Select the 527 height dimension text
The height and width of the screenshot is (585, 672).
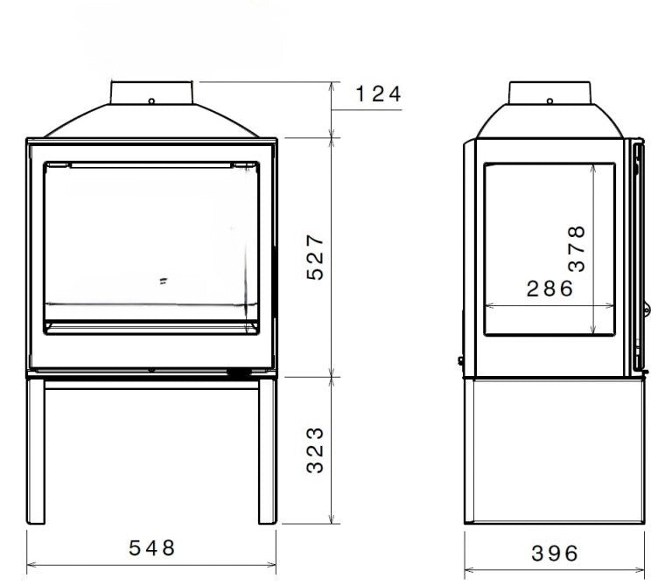(316, 256)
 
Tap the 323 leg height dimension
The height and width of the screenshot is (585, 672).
(316, 449)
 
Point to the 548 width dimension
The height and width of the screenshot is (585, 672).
(152, 548)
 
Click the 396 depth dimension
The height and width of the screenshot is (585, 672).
(555, 554)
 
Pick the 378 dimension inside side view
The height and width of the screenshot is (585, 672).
(577, 247)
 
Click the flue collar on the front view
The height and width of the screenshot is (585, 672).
(151, 93)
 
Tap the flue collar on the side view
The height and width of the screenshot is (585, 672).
(549, 92)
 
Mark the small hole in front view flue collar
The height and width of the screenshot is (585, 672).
(151, 101)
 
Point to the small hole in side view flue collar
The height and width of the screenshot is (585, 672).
(549, 101)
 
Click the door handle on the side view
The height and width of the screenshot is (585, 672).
(638, 254)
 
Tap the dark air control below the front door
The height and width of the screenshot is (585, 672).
(237, 373)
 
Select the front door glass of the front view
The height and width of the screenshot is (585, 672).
(151, 236)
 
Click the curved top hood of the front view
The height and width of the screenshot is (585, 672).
(151, 122)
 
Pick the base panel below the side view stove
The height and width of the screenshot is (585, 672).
(554, 450)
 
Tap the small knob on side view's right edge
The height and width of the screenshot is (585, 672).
(647, 309)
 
